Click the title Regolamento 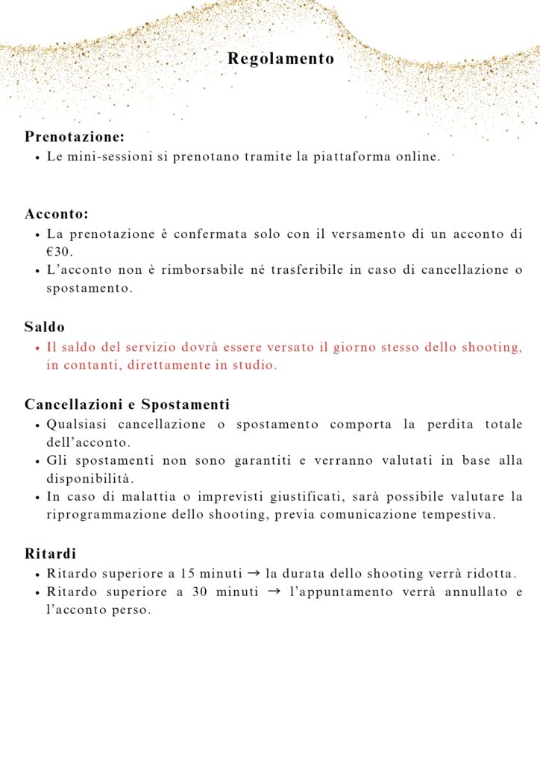tap(281, 58)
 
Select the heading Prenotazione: tap(75, 137)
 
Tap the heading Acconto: tap(57, 214)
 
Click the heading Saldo tap(45, 327)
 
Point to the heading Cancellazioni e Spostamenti tap(127, 404)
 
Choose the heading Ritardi tap(50, 554)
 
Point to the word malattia tap(140, 496)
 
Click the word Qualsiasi tap(75, 425)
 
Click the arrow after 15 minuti tap(253, 574)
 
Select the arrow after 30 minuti tap(273, 592)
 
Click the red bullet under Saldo tap(37, 348)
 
